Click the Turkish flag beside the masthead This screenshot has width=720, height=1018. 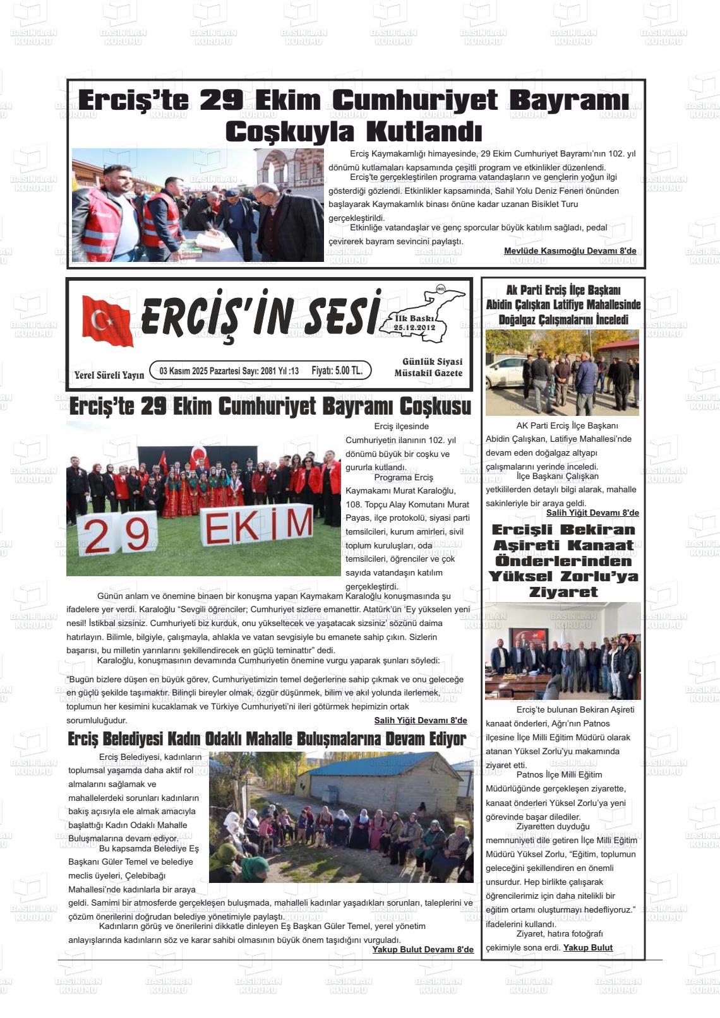click(x=107, y=321)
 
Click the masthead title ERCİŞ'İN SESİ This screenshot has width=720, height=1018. click(x=261, y=315)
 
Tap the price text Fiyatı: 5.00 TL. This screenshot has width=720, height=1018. click(x=337, y=370)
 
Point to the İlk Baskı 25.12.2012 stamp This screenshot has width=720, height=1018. click(x=414, y=323)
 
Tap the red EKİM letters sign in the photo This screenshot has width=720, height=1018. click(x=259, y=526)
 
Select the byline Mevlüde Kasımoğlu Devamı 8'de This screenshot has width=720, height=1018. click(x=570, y=251)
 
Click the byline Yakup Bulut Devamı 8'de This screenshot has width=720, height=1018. click(x=423, y=949)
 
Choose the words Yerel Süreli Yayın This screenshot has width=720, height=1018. click(x=109, y=375)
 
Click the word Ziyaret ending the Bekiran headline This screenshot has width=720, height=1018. click(x=563, y=592)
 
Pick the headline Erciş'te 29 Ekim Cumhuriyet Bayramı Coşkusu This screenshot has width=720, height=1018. click(x=270, y=406)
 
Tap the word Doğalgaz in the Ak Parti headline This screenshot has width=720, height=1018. click(x=519, y=320)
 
